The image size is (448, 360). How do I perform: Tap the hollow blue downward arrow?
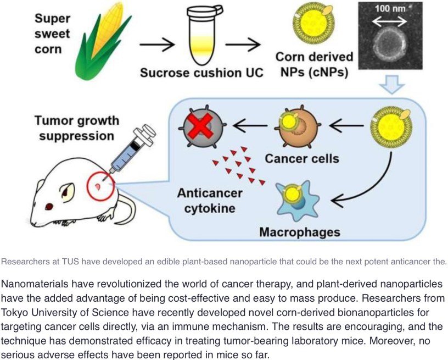point(393,83)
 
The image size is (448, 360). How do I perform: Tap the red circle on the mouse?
point(99,187)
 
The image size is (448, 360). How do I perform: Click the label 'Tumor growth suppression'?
point(76,127)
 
